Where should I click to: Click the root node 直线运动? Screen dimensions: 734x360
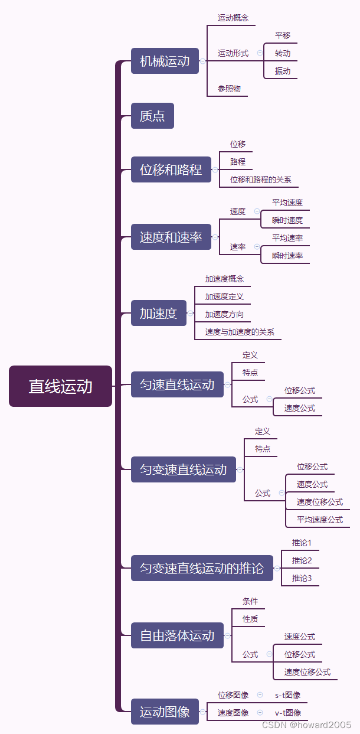coord(60,386)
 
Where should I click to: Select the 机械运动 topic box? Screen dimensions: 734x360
coord(165,61)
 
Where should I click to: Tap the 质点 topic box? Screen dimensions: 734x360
coord(152,116)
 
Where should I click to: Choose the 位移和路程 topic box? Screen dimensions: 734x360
coord(171,169)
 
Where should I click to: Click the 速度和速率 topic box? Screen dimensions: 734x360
coord(171,237)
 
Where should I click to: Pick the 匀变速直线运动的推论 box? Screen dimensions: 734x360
coord(202,568)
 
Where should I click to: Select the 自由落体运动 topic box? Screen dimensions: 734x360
coord(177,635)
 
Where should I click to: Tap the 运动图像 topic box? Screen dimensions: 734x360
coord(165,712)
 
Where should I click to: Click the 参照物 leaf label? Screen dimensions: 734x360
coord(229,89)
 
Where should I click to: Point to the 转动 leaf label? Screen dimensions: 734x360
coord(283,53)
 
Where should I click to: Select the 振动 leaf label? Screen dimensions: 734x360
coord(283,71)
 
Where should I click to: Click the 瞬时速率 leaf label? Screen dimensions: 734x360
coord(287,256)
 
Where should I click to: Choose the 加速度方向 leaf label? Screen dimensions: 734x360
coord(224,314)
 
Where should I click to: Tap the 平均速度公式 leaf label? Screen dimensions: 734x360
coord(319,520)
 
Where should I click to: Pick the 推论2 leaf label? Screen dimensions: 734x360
coord(302,560)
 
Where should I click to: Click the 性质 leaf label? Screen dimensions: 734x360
coord(250,619)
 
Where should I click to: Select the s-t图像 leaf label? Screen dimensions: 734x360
coord(287,695)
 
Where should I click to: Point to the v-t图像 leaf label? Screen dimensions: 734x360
coord(287,713)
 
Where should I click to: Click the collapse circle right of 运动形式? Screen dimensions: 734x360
coord(260,53)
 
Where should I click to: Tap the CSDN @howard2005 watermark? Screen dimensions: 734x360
coord(306,725)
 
